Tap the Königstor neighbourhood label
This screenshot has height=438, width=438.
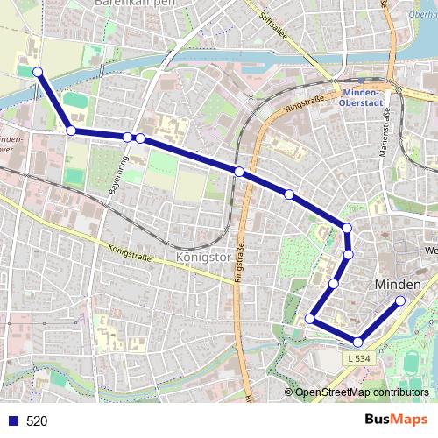click(203, 258)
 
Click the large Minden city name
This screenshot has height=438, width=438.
click(397, 285)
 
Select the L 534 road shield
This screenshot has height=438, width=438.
click(358, 357)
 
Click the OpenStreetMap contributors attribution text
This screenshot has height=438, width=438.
click(361, 392)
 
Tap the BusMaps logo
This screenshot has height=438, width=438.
click(392, 420)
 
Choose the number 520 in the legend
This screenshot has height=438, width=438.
click(37, 420)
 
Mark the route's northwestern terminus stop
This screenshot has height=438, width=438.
click(38, 72)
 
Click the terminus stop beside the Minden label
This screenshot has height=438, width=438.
click(400, 301)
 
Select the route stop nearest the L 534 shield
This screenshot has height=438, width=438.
click(357, 342)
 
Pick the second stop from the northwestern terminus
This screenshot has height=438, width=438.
click(71, 131)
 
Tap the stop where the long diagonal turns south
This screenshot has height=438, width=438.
click(347, 228)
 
